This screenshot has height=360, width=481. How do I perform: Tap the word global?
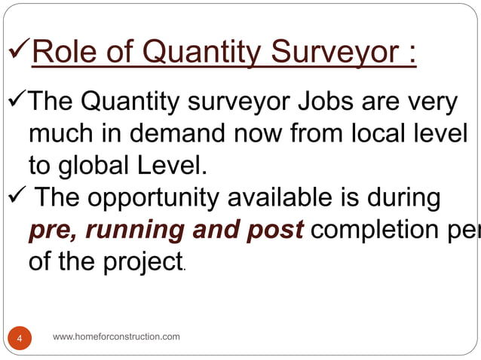pyautogui.click(x=93, y=166)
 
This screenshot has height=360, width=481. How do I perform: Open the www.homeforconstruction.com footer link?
pyautogui.click(x=117, y=336)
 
